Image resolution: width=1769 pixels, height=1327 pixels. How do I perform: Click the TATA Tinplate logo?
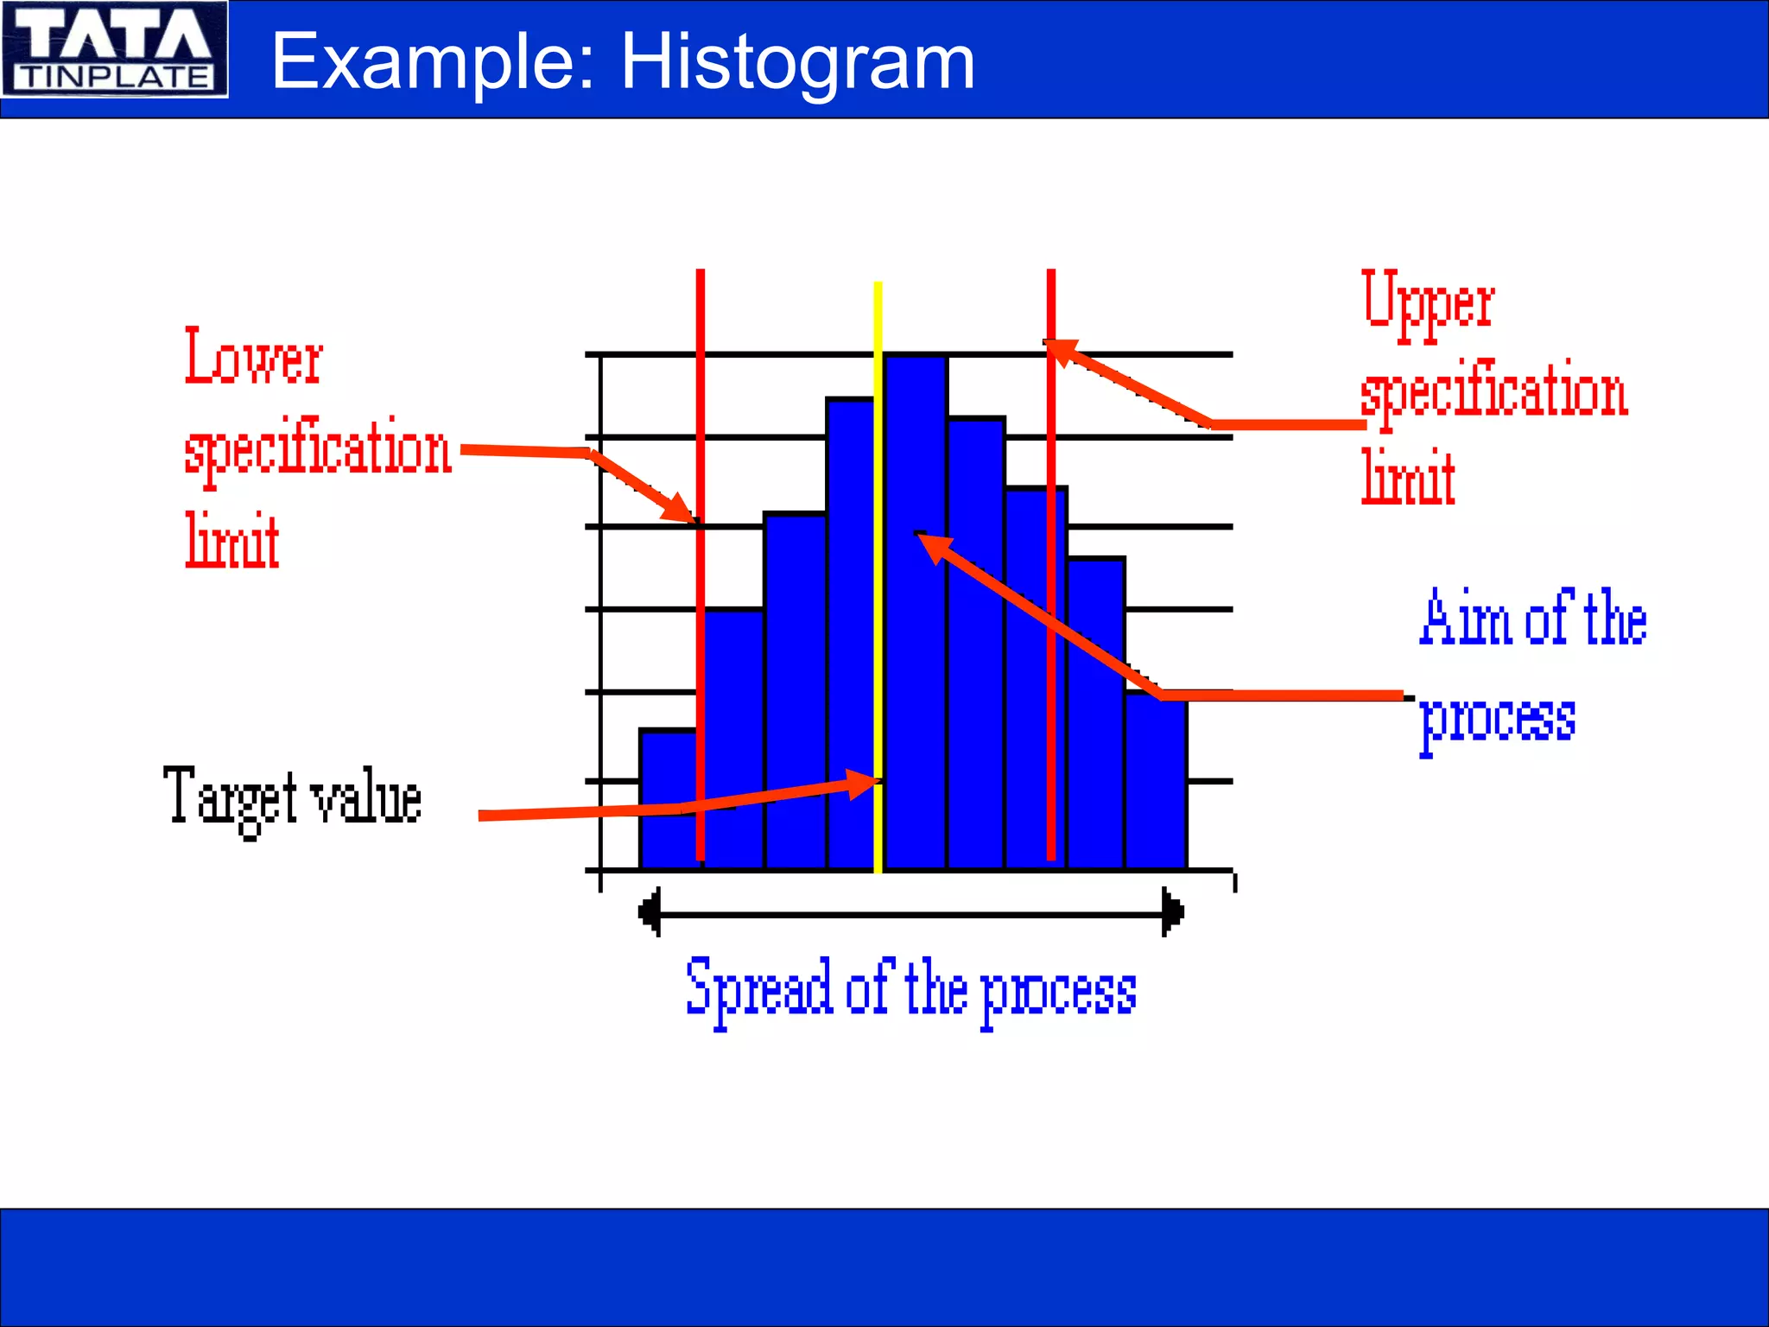tap(115, 49)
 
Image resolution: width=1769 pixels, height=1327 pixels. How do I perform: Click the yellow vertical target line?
tap(878, 605)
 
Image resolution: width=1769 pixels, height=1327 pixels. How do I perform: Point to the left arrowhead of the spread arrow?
tap(649, 912)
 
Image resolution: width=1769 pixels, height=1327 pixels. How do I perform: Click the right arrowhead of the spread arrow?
tap(1173, 912)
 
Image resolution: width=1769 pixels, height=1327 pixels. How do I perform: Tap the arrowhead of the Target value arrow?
tap(864, 783)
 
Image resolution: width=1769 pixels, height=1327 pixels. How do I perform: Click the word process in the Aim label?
tap(1497, 719)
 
